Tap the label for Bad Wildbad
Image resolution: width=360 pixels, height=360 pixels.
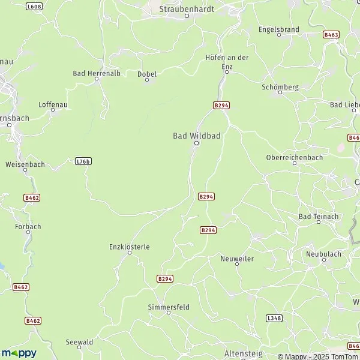click(x=197, y=136)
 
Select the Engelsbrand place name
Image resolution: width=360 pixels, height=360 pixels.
click(x=278, y=29)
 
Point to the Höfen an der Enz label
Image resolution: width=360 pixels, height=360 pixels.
click(x=226, y=61)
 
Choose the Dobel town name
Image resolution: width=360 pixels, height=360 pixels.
click(x=147, y=74)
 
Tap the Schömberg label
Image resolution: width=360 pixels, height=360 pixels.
click(x=280, y=87)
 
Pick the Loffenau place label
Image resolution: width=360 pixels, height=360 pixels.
click(x=51, y=104)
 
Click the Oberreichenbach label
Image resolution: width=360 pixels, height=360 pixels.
click(x=294, y=158)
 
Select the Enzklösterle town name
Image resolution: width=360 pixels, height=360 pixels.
click(x=130, y=246)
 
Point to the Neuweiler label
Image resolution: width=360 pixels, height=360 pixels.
click(x=237, y=258)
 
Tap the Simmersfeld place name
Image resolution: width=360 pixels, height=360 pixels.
click(x=169, y=307)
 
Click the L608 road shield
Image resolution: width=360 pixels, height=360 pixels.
click(x=35, y=7)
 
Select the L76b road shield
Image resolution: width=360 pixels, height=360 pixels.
click(x=83, y=161)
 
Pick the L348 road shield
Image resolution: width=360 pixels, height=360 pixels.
click(x=273, y=317)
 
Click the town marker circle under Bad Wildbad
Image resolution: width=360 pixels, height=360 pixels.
click(x=196, y=143)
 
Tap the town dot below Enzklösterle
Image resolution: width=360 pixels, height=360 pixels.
click(x=130, y=253)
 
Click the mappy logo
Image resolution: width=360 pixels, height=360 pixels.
click(x=19, y=353)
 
